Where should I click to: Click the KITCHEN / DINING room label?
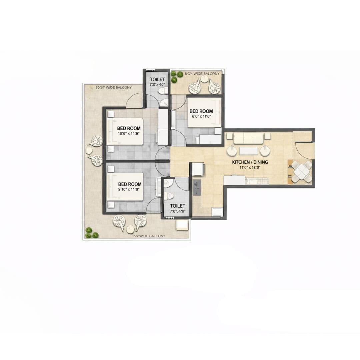250,162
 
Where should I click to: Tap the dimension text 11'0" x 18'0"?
250,167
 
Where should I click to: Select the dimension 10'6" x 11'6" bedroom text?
129,133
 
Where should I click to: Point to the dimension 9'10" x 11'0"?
130,189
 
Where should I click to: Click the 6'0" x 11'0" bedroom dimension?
201,116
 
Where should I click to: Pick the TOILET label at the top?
157,79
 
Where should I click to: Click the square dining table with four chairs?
301,172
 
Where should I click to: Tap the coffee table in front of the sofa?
248,151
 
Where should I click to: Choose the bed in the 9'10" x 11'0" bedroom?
125,187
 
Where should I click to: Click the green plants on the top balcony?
176,76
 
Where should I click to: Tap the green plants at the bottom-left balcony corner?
91,233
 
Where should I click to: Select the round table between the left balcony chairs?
89,150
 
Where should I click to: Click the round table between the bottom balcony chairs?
130,229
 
